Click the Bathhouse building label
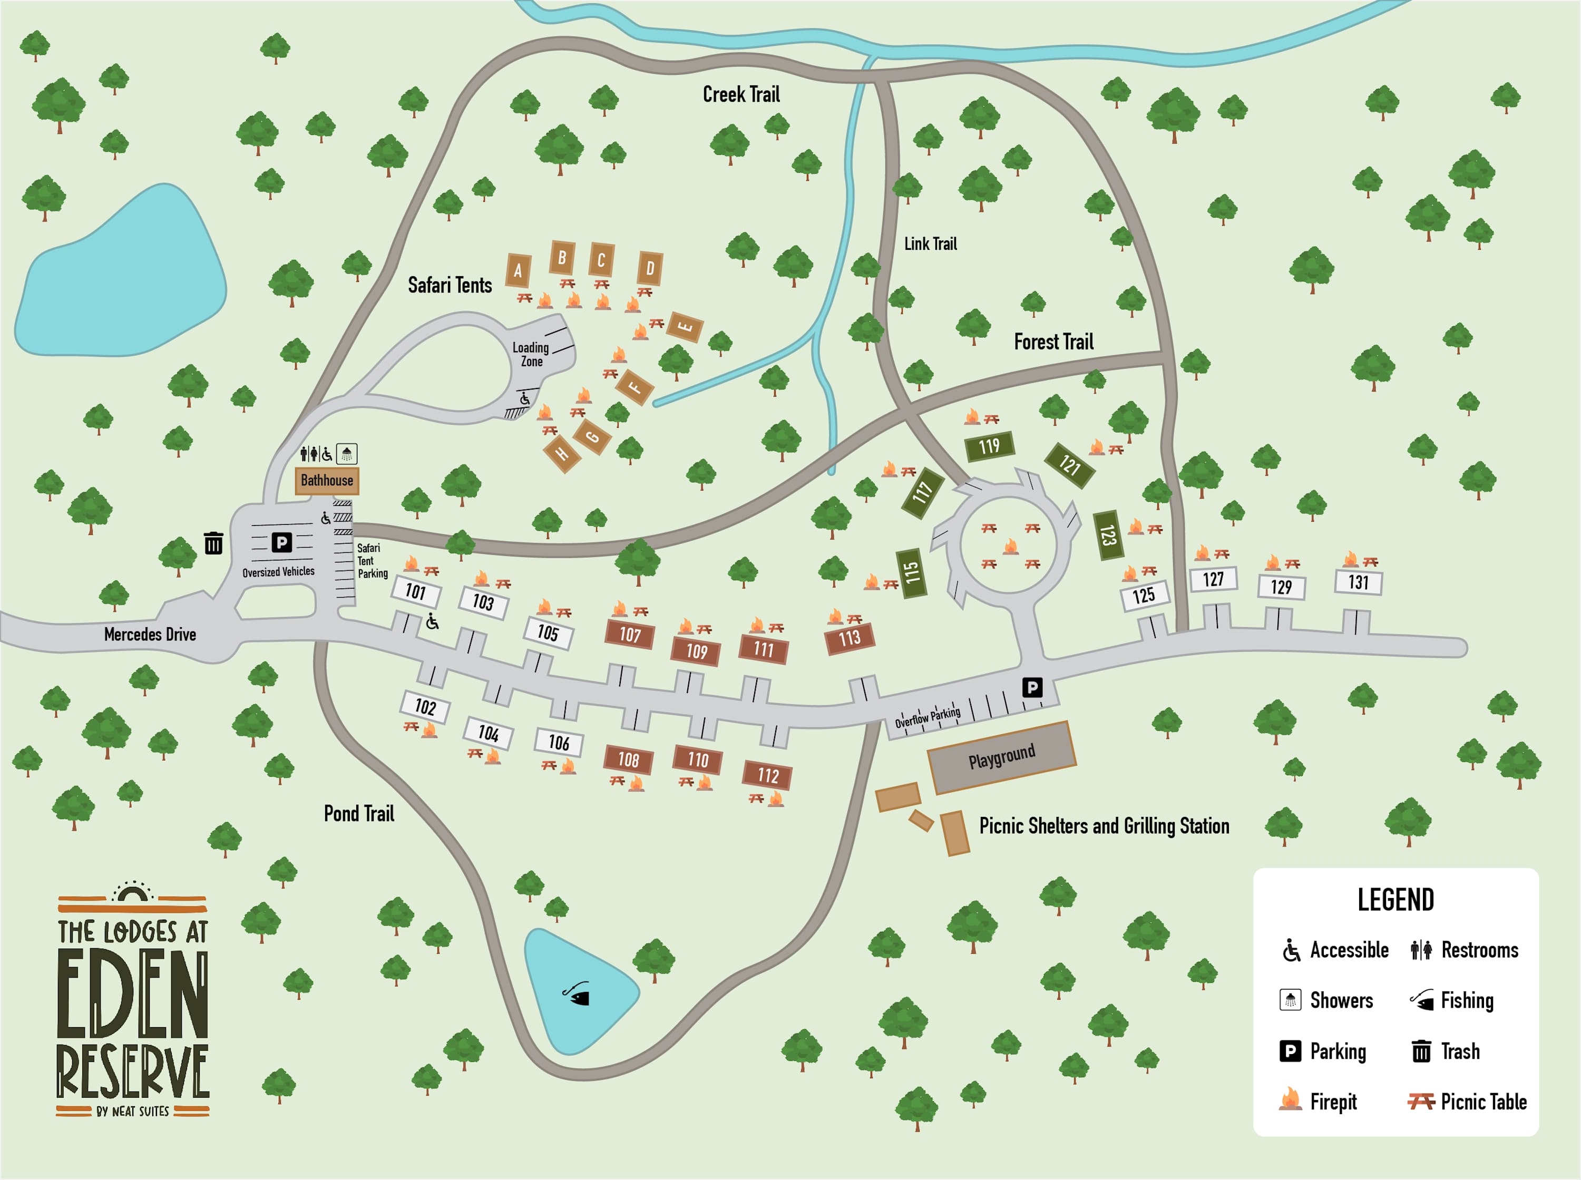point(326,481)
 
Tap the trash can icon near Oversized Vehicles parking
point(213,543)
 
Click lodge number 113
point(849,638)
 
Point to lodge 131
point(1358,582)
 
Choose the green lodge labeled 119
point(989,447)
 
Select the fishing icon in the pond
point(577,993)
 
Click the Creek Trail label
point(741,94)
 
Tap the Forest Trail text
point(1053,342)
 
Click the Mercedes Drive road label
point(150,635)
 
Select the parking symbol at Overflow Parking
point(1032,687)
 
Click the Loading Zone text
point(531,354)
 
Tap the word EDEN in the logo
point(133,994)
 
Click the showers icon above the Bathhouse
point(346,454)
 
